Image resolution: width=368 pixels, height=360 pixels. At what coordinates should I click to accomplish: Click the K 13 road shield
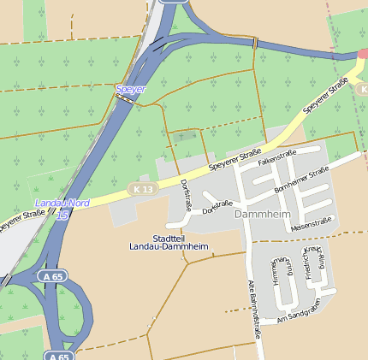[142, 188]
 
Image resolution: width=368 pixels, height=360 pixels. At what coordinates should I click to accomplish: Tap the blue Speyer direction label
[131, 88]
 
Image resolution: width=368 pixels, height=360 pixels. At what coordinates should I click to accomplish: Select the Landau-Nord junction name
[62, 204]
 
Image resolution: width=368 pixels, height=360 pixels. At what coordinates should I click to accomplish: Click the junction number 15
[62, 215]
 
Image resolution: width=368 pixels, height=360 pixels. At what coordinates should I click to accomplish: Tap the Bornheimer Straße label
[301, 180]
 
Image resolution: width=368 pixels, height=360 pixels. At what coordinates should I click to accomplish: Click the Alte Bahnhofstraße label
[253, 310]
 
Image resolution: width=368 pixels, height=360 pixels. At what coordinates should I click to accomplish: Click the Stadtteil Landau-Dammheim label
[180, 242]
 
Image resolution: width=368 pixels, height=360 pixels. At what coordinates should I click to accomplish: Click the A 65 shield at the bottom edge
[58, 355]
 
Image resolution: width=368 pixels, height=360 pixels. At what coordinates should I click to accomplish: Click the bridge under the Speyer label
[125, 99]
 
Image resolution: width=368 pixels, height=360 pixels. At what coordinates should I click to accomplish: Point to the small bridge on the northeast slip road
[254, 42]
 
